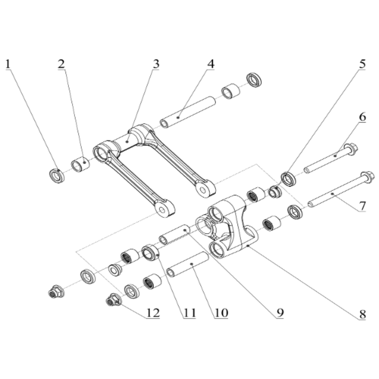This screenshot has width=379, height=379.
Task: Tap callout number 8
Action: (x=362, y=314)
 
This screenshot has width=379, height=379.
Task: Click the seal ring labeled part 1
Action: (x=57, y=176)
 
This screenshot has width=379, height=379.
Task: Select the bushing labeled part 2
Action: (x=80, y=165)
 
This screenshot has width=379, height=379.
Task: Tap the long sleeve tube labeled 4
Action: (x=188, y=112)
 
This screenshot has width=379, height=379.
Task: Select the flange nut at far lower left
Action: (x=56, y=291)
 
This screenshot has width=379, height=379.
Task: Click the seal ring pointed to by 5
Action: (x=289, y=179)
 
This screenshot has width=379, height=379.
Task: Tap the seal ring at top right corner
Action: (x=254, y=80)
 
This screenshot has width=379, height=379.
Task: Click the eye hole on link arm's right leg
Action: (x=204, y=188)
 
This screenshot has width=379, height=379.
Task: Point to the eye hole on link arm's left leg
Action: (x=163, y=209)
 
